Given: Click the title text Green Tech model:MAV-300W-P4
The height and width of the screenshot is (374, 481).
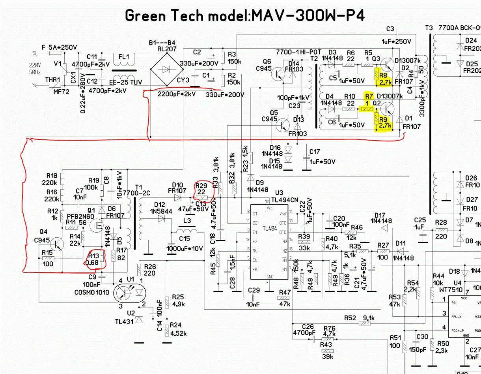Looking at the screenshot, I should pyautogui.click(x=244, y=15).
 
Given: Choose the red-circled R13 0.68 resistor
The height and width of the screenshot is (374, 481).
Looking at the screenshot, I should pyautogui.click(x=95, y=259).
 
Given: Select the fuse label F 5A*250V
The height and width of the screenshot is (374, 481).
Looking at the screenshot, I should pyautogui.click(x=59, y=47).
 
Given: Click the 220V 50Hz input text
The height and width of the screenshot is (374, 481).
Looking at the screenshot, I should pyautogui.click(x=34, y=68).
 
